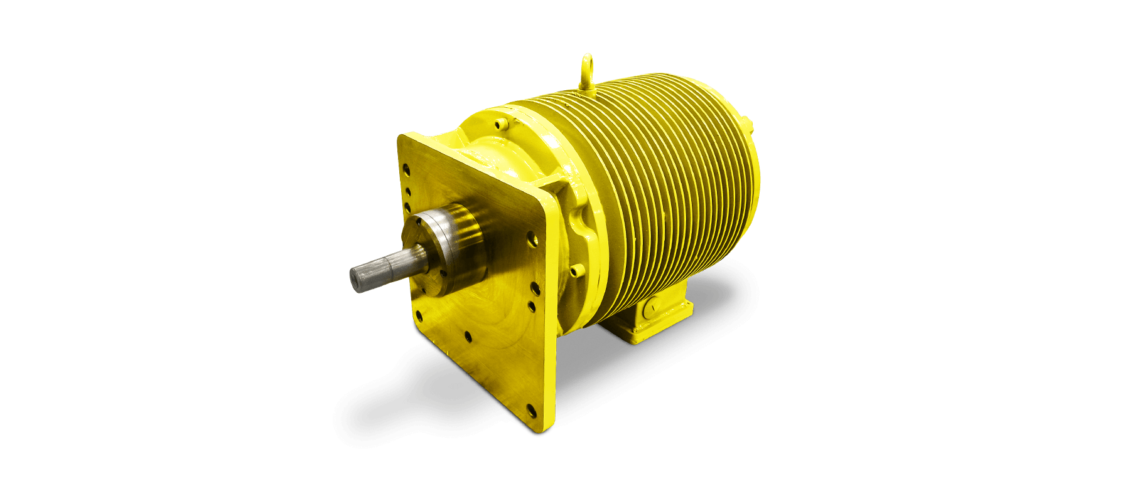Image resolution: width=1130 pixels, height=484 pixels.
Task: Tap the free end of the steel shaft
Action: pos(357,277)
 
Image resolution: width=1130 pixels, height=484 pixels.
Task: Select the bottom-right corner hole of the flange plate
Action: pos(531,411)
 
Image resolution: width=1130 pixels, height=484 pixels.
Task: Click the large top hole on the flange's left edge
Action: pos(406,169)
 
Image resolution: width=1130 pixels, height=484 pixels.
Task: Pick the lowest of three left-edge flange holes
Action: pos(407,206)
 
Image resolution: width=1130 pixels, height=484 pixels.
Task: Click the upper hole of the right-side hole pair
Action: pos(534,289)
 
